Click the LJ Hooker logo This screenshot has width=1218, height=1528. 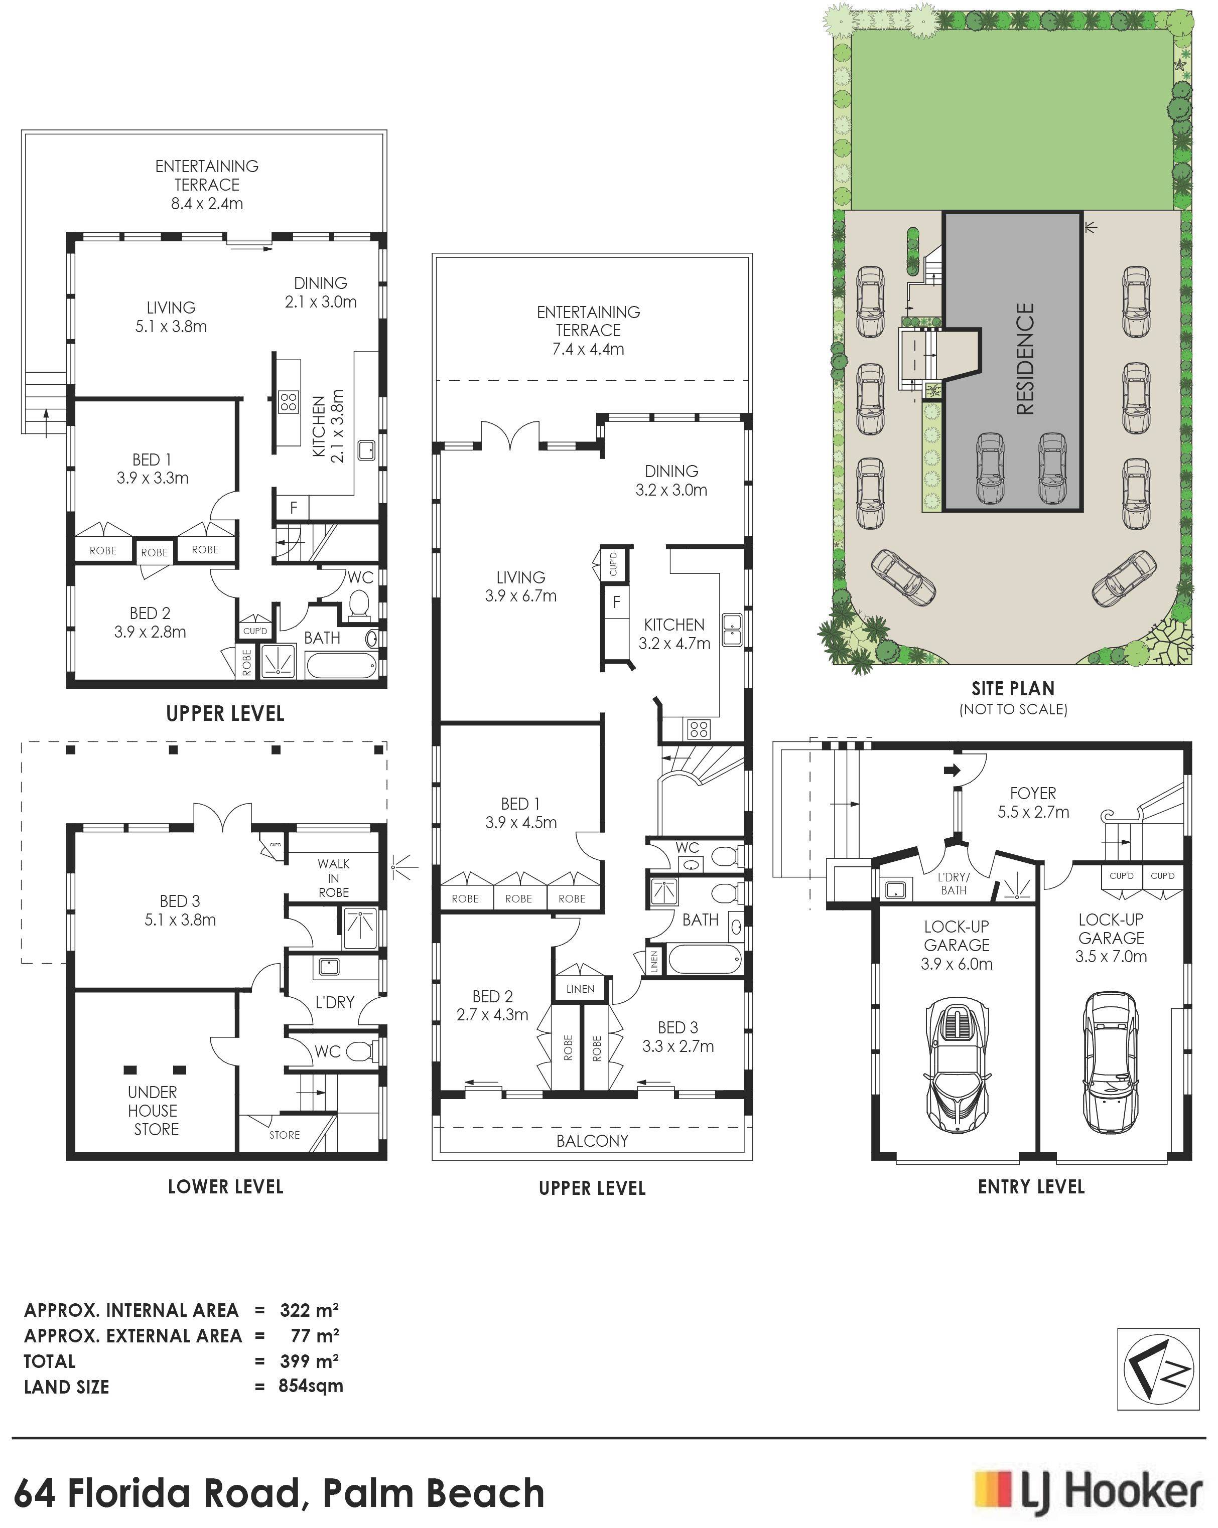(x=1088, y=1490)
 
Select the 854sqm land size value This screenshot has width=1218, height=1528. (x=311, y=1386)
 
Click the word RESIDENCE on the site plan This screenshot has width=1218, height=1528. (x=1025, y=359)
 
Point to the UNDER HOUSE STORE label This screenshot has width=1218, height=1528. (x=153, y=1111)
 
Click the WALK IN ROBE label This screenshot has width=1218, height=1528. (x=333, y=878)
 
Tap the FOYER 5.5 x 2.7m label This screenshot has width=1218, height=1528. (x=1033, y=802)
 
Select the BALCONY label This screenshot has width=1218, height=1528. (x=592, y=1140)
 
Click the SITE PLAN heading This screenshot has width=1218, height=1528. (x=1013, y=688)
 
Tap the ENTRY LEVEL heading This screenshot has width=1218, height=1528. (x=1031, y=1186)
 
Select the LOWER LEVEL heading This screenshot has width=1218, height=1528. (x=225, y=1186)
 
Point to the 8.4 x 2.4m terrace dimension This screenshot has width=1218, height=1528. (x=207, y=203)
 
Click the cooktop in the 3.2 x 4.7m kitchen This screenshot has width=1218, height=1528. (x=698, y=728)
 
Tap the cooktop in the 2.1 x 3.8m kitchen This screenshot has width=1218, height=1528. (x=288, y=402)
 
